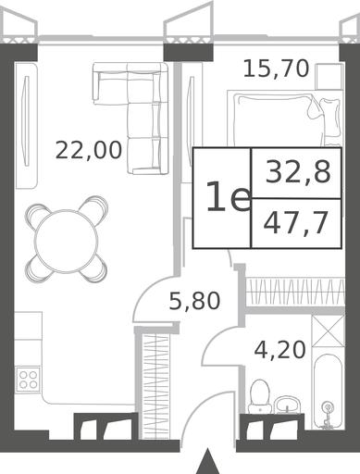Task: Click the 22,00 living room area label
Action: (89, 150)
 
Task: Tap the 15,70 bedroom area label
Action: (276, 69)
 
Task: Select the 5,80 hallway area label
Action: (195, 301)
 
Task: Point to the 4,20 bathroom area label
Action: (280, 350)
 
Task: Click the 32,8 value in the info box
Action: (298, 173)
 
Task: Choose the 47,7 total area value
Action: (295, 224)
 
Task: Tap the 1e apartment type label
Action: (229, 197)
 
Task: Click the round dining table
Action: (67, 240)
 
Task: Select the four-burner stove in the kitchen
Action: (28, 380)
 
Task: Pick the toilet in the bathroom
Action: (259, 396)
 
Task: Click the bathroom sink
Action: (288, 405)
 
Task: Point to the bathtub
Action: (328, 392)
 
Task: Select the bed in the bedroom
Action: (285, 118)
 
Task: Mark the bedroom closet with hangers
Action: (295, 292)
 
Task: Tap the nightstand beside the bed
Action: (329, 76)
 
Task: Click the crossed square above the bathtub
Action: (328, 331)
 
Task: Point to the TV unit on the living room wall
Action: (27, 126)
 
